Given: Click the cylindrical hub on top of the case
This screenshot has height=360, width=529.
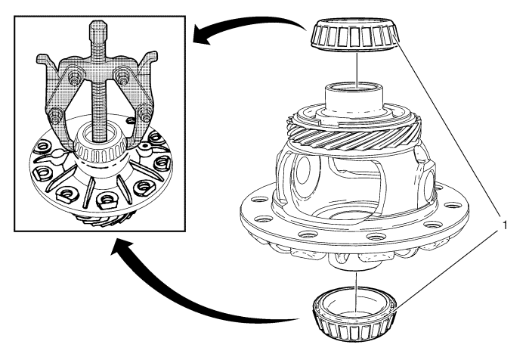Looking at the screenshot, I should click(x=353, y=99).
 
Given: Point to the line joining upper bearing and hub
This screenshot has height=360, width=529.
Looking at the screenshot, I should click(x=354, y=68).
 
